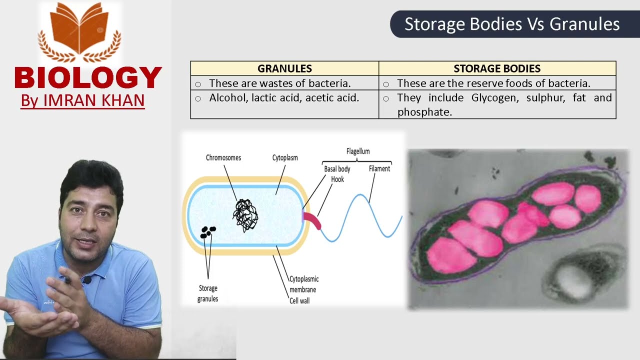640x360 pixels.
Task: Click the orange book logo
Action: tap(79, 30)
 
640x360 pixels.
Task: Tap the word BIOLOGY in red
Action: tap(88, 78)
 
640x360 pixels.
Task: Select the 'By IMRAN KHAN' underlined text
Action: tap(82, 100)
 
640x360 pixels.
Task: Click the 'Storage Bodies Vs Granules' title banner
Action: tap(512, 24)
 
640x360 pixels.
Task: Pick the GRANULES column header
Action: tap(284, 68)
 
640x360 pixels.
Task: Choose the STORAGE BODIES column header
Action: tap(497, 68)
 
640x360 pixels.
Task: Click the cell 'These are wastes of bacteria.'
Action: tap(280, 83)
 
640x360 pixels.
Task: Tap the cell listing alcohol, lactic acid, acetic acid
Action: tap(284, 98)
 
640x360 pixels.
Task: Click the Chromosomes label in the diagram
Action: tap(223, 158)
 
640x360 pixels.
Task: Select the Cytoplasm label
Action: tap(285, 158)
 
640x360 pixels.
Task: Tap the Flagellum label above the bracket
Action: tap(358, 151)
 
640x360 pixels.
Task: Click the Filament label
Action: tap(379, 169)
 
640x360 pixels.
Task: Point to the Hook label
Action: tap(337, 179)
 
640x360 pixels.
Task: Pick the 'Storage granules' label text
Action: tap(208, 293)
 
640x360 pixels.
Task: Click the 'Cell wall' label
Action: tap(299, 301)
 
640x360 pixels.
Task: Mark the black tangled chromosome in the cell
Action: tap(245, 215)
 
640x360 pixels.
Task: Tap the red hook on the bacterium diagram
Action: tap(312, 220)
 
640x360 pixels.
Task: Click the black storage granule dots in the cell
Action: tap(208, 231)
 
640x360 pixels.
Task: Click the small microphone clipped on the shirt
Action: tap(87, 280)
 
